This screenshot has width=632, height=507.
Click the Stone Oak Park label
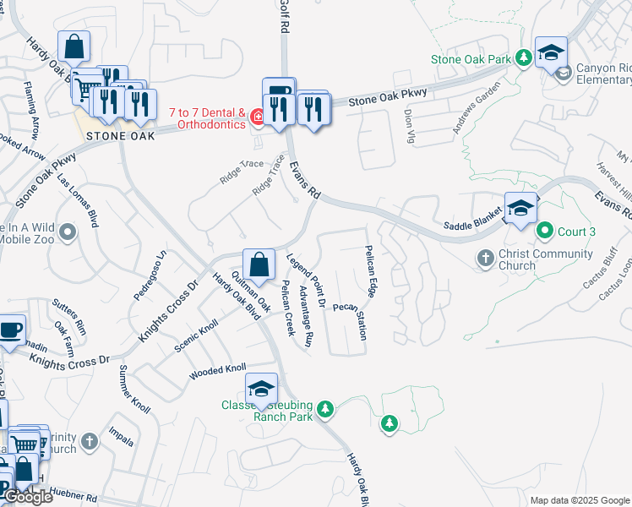tap(471, 59)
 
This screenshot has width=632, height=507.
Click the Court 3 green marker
tap(546, 231)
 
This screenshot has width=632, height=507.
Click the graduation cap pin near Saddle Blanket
tap(520, 208)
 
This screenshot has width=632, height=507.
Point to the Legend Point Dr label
tap(307, 279)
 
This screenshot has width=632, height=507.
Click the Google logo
tap(28, 497)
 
